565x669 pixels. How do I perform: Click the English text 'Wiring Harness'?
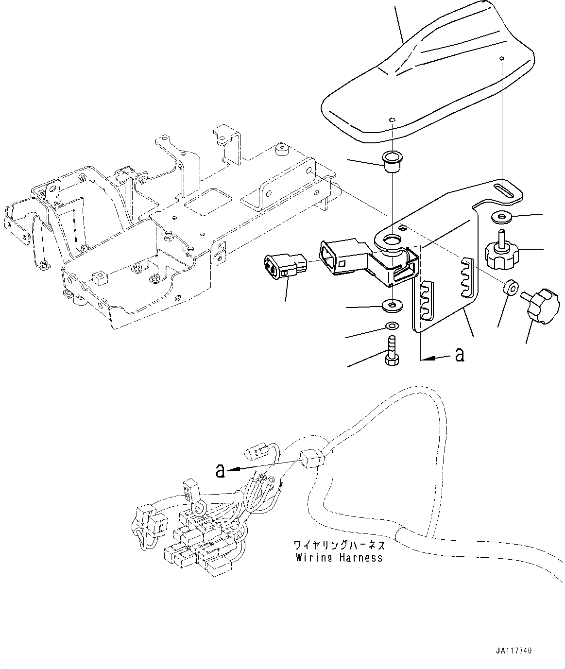pos(339,558)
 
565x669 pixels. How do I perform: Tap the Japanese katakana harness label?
pos(340,544)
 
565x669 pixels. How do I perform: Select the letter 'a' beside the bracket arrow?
pos(459,355)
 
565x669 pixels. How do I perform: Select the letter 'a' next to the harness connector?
pos(221,470)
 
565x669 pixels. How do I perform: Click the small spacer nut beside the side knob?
pos(509,287)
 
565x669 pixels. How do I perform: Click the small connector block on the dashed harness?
pos(311,458)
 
